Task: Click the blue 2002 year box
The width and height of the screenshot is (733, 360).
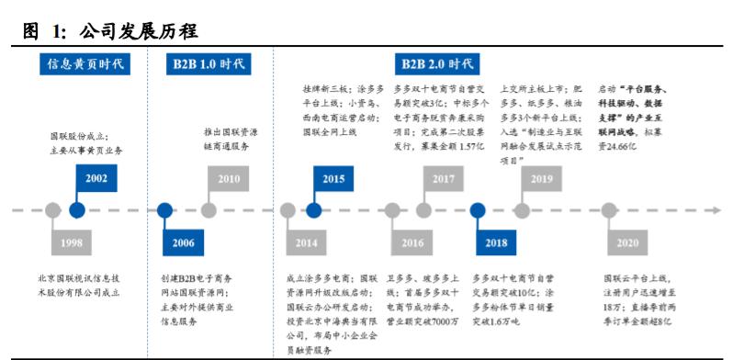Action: [x=96, y=178]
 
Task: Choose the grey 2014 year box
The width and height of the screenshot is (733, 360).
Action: [x=306, y=243]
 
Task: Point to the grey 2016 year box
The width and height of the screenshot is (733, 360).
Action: [x=412, y=243]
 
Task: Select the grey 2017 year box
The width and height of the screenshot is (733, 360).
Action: [x=443, y=178]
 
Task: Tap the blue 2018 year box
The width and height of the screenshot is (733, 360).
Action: [x=496, y=243]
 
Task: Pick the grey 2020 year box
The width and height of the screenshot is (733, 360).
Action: [x=627, y=243]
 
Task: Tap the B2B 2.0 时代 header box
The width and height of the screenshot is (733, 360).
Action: [x=438, y=64]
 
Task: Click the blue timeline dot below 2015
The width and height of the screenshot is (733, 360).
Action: [x=314, y=210]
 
